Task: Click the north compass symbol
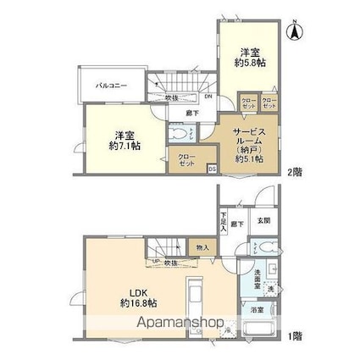click(296, 31)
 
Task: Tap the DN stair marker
click(208, 96)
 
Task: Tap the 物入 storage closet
click(203, 247)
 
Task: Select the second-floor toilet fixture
click(180, 136)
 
